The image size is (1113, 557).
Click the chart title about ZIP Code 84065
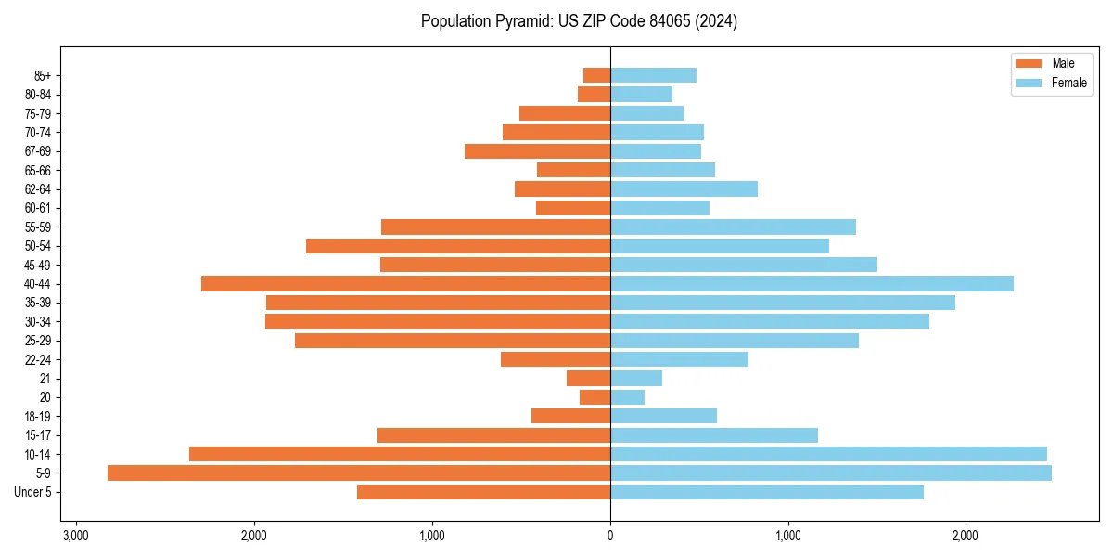pos(579,21)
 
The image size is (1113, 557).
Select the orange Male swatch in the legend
pos(1029,63)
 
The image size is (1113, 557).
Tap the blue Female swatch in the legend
pos(1029,83)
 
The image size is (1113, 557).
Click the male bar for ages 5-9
pos(359,473)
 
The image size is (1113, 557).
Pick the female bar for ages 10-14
pos(828,454)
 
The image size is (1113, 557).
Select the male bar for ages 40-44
pos(405,284)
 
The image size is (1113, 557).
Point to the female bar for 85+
pos(653,75)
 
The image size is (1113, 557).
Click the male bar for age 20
pos(595,397)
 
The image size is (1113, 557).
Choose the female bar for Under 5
pos(767,492)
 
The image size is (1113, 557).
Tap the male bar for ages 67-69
pos(537,151)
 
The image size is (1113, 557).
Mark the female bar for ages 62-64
pos(684,189)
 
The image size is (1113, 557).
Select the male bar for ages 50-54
pos(458,246)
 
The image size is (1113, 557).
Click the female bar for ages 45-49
pos(744,265)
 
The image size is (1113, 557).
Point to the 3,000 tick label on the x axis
pos(76,536)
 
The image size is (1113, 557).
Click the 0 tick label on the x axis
pos(610,536)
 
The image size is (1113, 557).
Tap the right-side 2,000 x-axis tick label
pos(966,536)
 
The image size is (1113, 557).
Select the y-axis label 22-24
pos(38,359)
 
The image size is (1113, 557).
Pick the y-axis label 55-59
pos(38,227)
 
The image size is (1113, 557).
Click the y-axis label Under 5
pos(33,492)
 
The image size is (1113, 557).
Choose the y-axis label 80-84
pos(38,95)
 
